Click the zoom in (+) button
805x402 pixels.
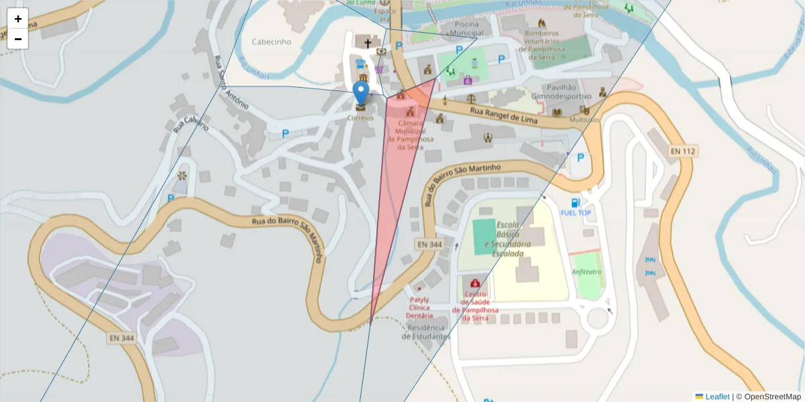18,19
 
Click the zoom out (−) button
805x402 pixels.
18,39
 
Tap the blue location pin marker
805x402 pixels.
361,94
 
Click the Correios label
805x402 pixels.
360,117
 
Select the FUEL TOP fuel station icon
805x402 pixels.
575,203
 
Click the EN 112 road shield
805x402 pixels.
682,151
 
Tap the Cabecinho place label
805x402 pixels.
272,42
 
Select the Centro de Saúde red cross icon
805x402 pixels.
476,284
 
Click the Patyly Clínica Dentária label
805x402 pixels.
420,308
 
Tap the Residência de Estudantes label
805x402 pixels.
426,332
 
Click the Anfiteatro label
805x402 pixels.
586,272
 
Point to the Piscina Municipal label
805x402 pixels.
467,27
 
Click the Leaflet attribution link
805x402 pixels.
717,397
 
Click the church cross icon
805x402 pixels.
367,44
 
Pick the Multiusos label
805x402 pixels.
583,119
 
